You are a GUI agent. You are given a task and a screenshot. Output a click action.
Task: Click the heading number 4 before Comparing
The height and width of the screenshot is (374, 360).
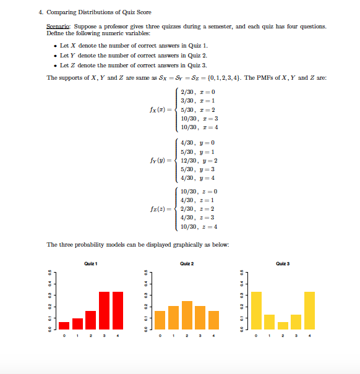(x=49, y=12)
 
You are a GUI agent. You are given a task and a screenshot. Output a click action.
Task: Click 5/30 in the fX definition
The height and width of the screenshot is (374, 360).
(x=187, y=109)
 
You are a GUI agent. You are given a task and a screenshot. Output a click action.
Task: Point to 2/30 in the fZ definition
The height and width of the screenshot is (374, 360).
(x=187, y=209)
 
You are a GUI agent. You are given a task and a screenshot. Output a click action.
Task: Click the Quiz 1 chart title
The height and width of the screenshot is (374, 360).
(x=91, y=264)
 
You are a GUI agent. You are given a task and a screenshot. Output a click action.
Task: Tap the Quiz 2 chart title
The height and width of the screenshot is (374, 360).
(x=187, y=264)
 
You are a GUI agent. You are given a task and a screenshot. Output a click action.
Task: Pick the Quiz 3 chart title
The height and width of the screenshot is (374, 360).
(x=283, y=264)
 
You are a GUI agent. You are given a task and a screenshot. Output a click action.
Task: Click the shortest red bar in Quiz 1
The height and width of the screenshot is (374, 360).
(x=64, y=325)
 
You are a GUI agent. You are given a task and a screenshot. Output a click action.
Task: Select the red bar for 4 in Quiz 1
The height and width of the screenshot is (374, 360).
(x=118, y=310)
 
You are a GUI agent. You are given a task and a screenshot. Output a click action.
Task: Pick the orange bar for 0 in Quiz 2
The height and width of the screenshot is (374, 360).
(x=160, y=320)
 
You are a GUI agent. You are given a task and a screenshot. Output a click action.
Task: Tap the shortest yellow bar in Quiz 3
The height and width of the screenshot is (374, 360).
(x=283, y=325)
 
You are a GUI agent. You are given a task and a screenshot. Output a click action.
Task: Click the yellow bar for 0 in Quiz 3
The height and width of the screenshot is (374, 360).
(x=256, y=310)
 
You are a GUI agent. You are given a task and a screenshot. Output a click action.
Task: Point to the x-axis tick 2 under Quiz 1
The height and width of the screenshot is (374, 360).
(x=91, y=337)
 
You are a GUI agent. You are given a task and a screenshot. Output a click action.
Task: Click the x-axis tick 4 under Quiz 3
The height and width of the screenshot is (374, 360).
(x=309, y=337)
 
